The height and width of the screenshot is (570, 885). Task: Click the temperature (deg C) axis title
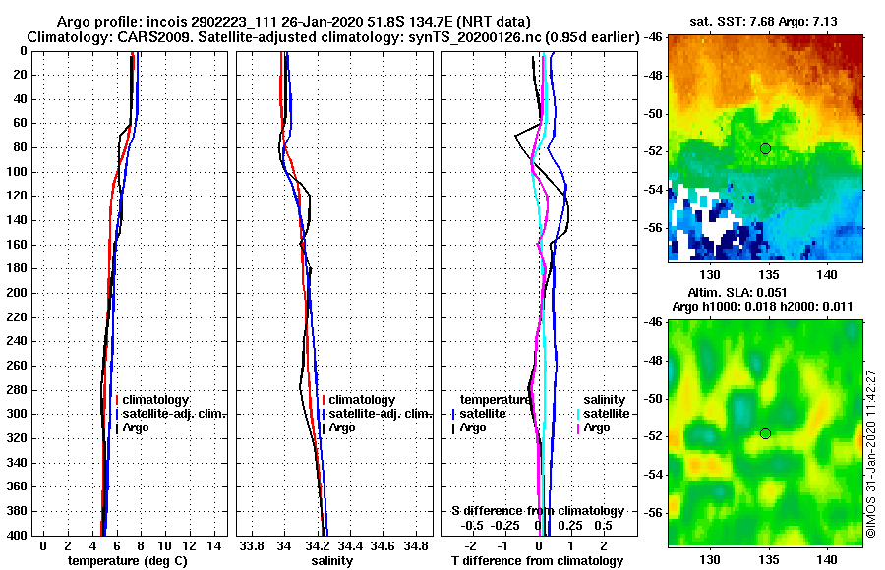tap(127, 561)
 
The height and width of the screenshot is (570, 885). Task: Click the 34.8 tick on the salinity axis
tap(416, 545)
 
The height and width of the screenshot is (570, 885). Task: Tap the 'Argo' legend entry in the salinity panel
tap(342, 427)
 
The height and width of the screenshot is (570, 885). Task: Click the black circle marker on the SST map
tap(765, 148)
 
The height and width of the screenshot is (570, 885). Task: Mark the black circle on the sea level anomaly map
tap(765, 433)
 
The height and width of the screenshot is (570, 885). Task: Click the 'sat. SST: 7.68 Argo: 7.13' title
tap(765, 21)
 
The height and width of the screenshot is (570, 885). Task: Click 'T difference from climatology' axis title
tap(537, 561)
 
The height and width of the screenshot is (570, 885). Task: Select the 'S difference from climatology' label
tap(537, 511)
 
